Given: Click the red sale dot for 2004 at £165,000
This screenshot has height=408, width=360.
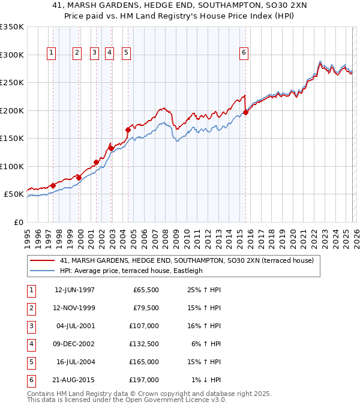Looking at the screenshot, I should tap(128, 130).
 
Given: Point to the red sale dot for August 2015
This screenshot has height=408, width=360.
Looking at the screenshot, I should tap(246, 112).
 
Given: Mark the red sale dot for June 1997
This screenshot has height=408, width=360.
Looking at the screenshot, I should tap(53, 185).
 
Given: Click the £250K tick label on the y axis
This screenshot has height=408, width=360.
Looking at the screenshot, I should tap(12, 82).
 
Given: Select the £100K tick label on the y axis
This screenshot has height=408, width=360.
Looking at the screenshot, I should tap(12, 166).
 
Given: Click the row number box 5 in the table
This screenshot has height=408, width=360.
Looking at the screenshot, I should tap(30, 362).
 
